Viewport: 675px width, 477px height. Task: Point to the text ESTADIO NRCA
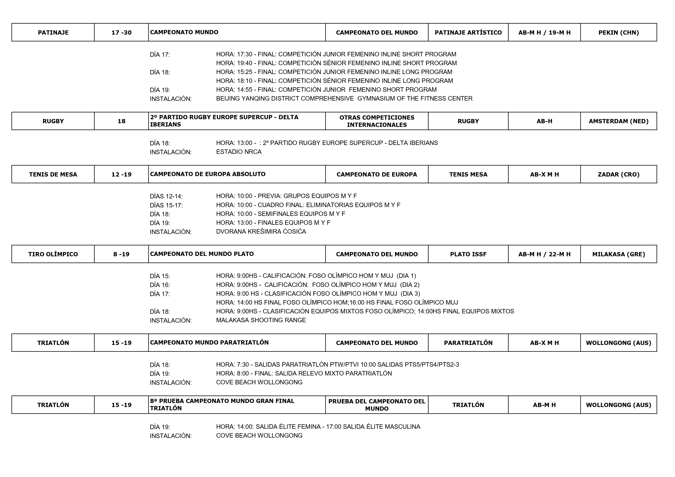239,152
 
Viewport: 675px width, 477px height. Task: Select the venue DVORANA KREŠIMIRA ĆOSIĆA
261,232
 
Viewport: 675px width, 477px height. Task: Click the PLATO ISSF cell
468,254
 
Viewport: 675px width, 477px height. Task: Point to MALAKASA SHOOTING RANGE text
261,320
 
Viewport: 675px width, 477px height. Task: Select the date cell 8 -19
121,254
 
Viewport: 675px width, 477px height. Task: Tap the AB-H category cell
544,121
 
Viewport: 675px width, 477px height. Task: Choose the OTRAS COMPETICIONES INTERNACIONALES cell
377,121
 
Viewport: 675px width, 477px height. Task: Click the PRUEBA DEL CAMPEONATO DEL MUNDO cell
377,405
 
